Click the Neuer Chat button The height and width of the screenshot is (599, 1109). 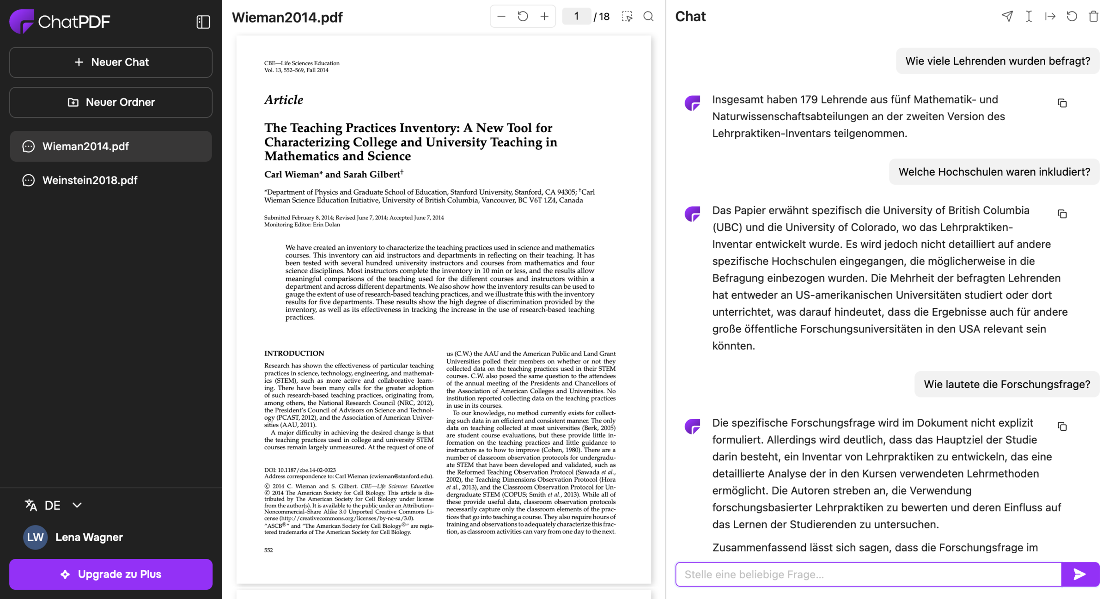click(111, 62)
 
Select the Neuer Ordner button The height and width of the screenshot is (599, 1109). click(111, 102)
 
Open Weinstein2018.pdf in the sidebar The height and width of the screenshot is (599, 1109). click(90, 180)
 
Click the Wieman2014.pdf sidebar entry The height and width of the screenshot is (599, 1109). click(85, 147)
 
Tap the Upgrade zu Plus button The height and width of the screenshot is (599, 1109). click(111, 574)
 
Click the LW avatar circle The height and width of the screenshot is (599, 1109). click(35, 537)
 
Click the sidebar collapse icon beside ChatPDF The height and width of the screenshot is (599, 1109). click(203, 22)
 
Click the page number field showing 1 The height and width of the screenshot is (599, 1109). click(576, 17)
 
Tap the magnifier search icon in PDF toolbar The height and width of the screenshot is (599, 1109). click(649, 17)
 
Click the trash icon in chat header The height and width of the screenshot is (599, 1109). click(1093, 17)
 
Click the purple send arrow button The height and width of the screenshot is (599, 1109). click(1080, 574)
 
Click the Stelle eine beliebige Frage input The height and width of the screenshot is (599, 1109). click(868, 574)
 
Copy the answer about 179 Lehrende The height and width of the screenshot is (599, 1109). click(1062, 103)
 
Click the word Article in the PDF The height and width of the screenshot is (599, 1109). click(284, 100)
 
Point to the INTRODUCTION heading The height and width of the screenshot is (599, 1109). click(294, 354)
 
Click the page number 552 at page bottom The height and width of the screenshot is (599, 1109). click(268, 550)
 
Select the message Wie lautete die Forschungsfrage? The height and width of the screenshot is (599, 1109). click(1006, 385)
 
